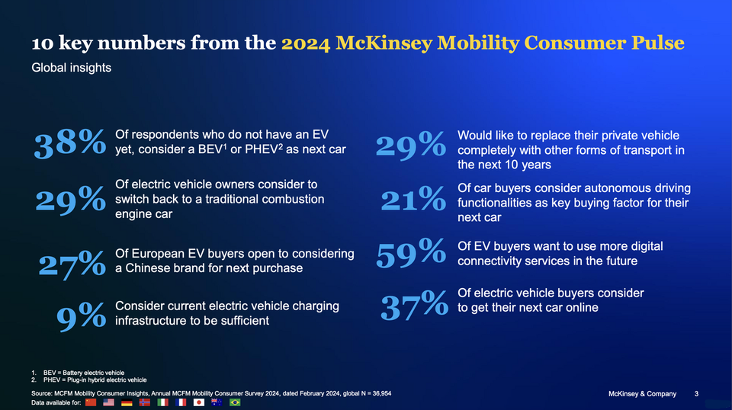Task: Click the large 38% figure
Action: pos(70,143)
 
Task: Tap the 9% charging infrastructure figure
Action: pos(82,316)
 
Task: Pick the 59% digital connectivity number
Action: pos(411,253)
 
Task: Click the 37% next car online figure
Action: pos(414,305)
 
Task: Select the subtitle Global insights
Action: pos(72,68)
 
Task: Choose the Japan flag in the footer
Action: pos(199,402)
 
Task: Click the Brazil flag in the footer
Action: pos(235,402)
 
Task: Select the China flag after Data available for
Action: pos(91,402)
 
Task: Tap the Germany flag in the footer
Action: pos(127,402)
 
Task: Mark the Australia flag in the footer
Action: pos(217,402)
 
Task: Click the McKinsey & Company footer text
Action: pos(642,394)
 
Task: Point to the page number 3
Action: pos(696,394)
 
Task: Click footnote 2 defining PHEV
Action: pos(89,380)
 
